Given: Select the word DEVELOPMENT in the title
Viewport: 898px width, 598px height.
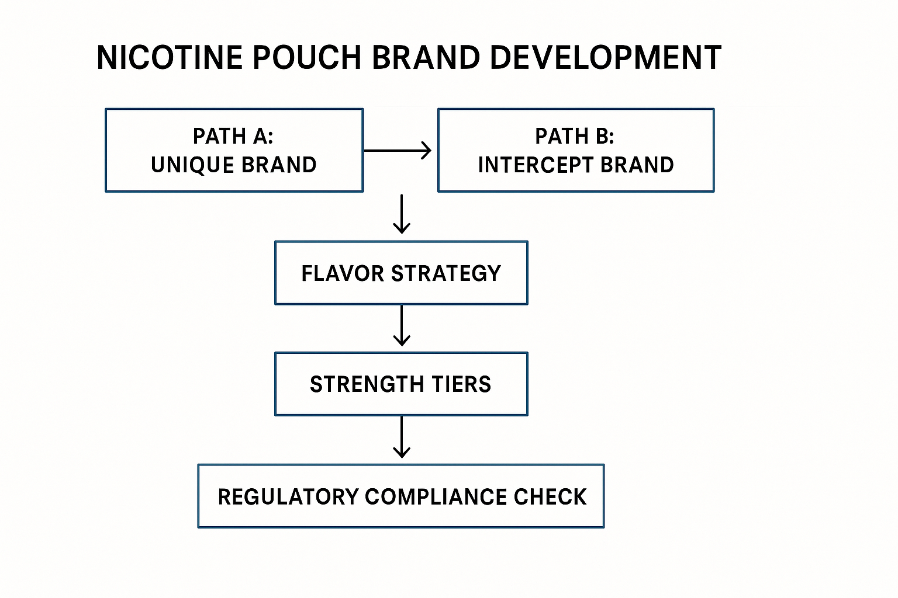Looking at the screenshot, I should [x=605, y=58].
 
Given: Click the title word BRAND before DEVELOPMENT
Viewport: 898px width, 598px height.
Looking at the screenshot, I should [x=426, y=58].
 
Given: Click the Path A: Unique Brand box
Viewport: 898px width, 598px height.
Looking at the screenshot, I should [x=234, y=150].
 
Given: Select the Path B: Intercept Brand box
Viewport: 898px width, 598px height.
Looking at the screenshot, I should [x=576, y=150].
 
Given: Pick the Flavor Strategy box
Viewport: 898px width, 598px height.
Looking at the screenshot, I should [x=401, y=273].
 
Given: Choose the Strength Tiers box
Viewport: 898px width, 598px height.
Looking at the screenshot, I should [x=401, y=384].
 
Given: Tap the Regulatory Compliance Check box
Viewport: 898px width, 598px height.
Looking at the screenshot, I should [x=401, y=496].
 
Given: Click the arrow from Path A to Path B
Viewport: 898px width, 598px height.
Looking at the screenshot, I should [x=398, y=151].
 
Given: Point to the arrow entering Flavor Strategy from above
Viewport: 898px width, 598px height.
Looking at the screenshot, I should [x=402, y=214].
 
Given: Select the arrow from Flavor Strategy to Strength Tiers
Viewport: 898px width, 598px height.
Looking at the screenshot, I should [x=402, y=326].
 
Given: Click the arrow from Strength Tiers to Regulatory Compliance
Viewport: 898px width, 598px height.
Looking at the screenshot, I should [x=402, y=437].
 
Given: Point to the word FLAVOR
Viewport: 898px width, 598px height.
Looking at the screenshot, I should [x=343, y=273].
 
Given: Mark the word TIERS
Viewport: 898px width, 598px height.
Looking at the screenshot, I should [x=462, y=384].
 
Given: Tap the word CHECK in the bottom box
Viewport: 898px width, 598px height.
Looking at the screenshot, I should [x=550, y=497].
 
